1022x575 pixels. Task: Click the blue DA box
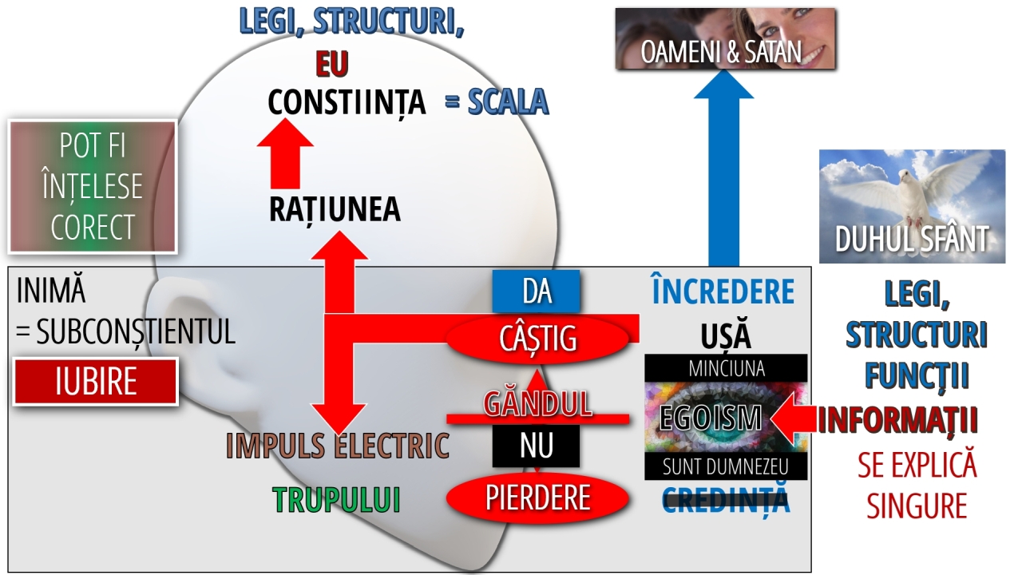pyautogui.click(x=537, y=291)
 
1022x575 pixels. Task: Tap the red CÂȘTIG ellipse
pyautogui.click(x=537, y=339)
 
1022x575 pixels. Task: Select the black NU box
pyautogui.click(x=535, y=446)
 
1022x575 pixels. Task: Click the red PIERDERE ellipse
pyautogui.click(x=537, y=498)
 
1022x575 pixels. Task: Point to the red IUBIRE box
pyautogui.click(x=96, y=382)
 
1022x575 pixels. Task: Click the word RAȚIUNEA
pyautogui.click(x=335, y=209)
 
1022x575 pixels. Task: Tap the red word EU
pyautogui.click(x=331, y=64)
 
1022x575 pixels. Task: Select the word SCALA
pyautogui.click(x=506, y=101)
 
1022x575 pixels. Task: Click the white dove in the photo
pyautogui.click(x=918, y=192)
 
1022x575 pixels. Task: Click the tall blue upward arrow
pyautogui.click(x=723, y=176)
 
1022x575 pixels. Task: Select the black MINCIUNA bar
pyautogui.click(x=726, y=368)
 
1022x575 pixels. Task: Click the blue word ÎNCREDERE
pyautogui.click(x=723, y=292)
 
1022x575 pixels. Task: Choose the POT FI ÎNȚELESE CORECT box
pyautogui.click(x=92, y=186)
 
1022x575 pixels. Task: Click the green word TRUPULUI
pyautogui.click(x=336, y=500)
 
